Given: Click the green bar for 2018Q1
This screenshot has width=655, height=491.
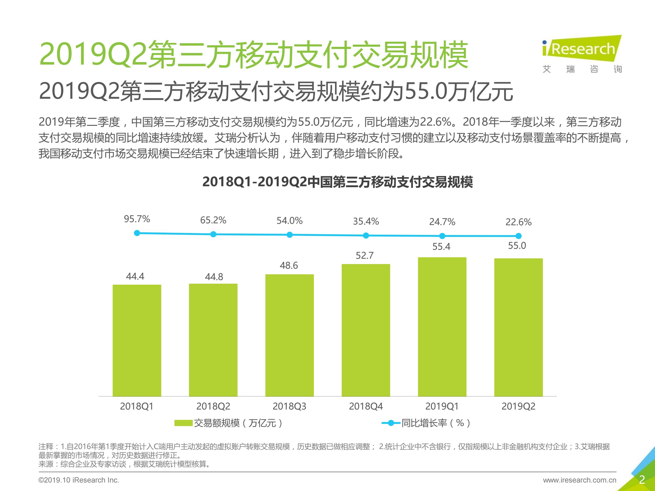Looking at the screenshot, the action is point(137,340).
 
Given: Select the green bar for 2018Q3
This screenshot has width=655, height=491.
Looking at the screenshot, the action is point(289,335).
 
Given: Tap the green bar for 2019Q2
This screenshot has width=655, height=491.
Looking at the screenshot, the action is point(518,327).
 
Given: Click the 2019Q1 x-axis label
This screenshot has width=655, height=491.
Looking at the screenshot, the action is point(442,406).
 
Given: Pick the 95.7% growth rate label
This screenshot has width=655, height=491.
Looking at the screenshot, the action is point(137,219).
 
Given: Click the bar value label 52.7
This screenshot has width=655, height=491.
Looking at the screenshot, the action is point(365,255).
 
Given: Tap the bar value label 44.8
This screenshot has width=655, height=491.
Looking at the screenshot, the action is point(214,277).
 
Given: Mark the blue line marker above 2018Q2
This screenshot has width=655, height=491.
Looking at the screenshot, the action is point(213,234).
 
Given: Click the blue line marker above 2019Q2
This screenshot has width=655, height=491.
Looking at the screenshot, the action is point(518,236).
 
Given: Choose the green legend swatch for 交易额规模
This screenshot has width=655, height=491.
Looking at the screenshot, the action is point(184,423).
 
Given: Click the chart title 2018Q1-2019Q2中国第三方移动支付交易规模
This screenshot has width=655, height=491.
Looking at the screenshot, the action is point(338,182).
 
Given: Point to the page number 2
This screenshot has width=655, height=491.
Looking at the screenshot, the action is point(642,479).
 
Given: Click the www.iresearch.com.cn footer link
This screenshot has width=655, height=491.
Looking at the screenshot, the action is point(580,480).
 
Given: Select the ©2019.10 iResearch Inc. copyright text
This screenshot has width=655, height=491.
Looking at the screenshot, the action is point(79,480).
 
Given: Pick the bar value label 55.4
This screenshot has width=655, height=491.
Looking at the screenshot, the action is point(441,247).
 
